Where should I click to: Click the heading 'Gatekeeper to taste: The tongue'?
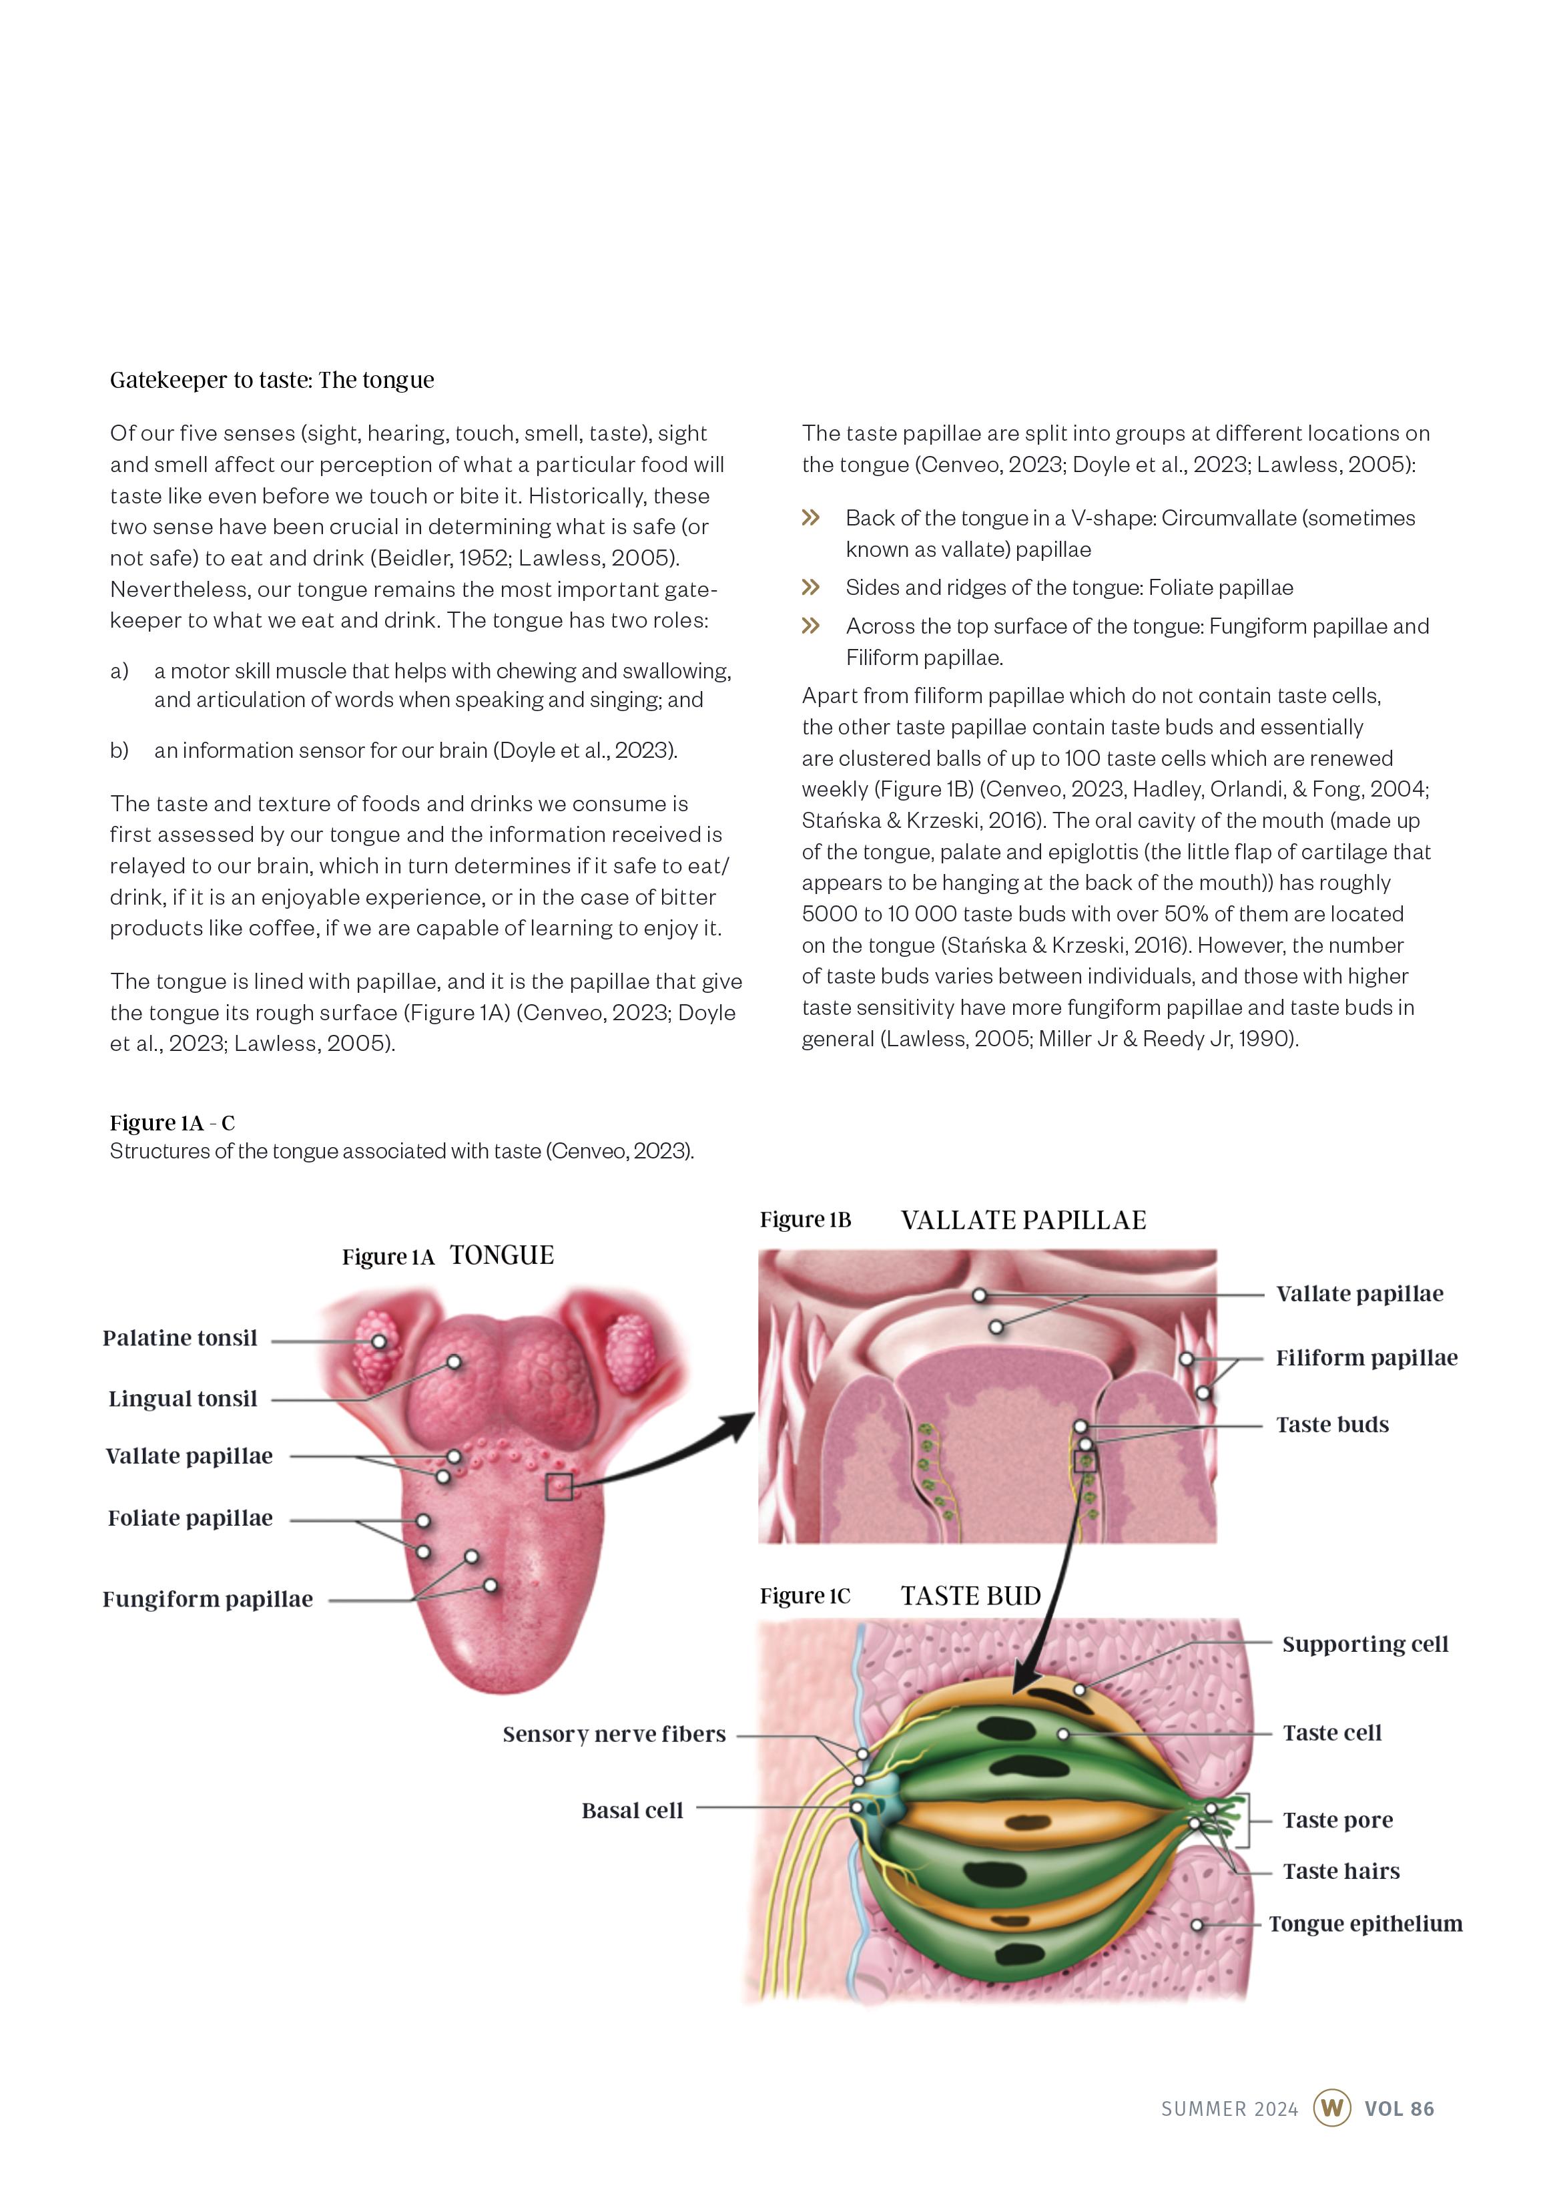click(x=272, y=380)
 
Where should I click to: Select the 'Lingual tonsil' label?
click(x=183, y=1399)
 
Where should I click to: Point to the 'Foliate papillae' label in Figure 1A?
click(x=190, y=1518)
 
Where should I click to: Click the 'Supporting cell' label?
click(x=1364, y=1645)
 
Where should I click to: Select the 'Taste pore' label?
click(x=1337, y=1820)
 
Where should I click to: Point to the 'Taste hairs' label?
click(x=1340, y=1872)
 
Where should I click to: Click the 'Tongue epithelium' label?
click(x=1365, y=1924)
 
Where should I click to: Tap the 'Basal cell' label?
click(x=632, y=1811)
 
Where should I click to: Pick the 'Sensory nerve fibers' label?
click(x=614, y=1735)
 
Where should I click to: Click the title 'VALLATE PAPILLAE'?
click(x=1023, y=1221)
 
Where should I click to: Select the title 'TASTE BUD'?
click(x=971, y=1596)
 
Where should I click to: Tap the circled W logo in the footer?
click(x=1331, y=2108)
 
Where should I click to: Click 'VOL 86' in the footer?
click(x=1398, y=2109)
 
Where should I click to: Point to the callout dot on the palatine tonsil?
click(x=379, y=1341)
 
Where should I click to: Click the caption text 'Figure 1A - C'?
click(x=172, y=1124)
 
